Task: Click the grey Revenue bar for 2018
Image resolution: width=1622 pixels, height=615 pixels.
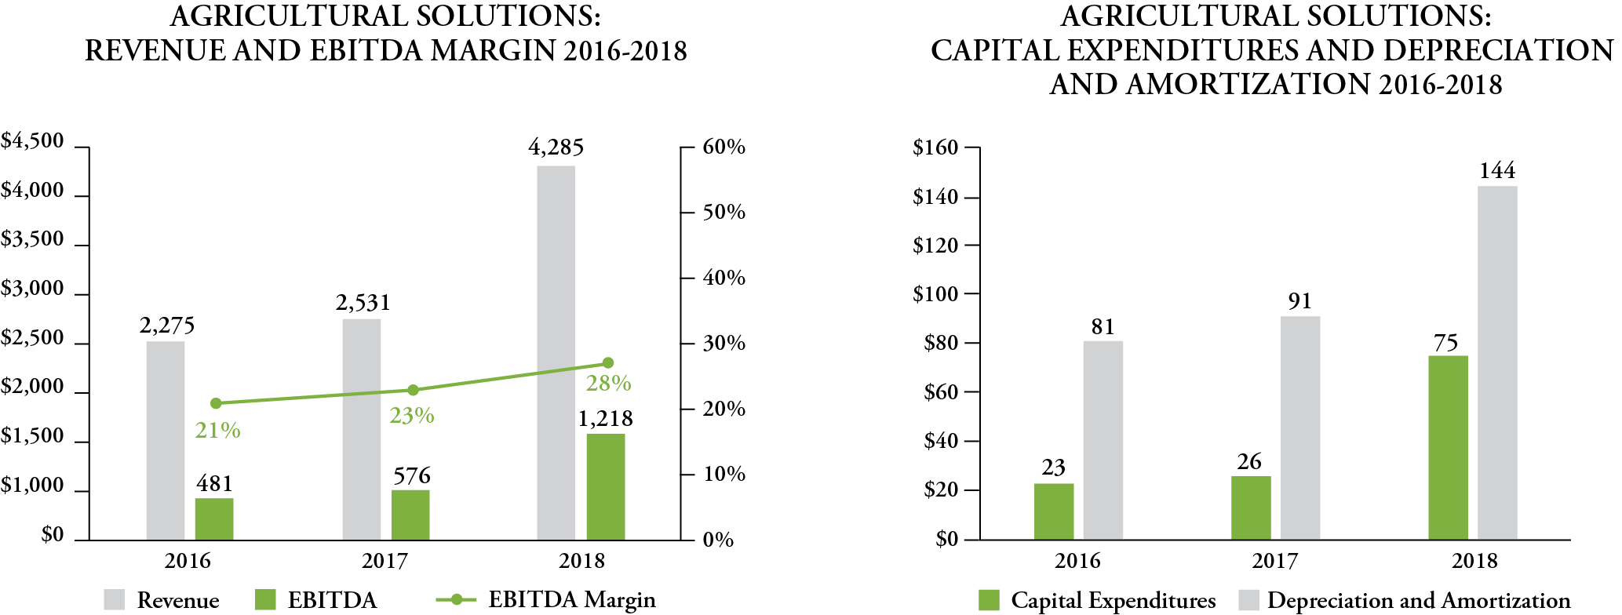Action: (556, 353)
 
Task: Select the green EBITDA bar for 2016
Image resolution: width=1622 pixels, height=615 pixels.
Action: (214, 519)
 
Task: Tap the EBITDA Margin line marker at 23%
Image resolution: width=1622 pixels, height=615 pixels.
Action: (414, 390)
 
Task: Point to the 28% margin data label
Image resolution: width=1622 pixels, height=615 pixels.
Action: (608, 384)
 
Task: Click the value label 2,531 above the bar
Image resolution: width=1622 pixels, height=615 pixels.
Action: (363, 303)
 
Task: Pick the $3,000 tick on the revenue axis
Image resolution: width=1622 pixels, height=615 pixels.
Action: (32, 289)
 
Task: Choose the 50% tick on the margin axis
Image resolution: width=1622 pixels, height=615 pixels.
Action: (724, 213)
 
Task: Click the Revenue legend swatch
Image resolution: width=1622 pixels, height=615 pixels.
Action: (115, 600)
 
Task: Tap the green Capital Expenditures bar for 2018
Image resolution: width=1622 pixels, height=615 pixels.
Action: (1448, 447)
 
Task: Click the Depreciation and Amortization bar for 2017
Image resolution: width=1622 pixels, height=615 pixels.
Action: (1300, 428)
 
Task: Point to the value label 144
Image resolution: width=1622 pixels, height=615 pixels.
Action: (1496, 171)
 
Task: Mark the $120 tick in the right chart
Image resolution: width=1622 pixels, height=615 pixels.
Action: (935, 246)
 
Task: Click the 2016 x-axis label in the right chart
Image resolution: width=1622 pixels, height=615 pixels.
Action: (1077, 561)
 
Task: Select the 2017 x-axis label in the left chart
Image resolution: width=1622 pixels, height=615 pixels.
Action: (385, 561)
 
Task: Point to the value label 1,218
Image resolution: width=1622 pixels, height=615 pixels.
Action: (605, 419)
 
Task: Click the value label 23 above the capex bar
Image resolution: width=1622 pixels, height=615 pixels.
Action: (1053, 468)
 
